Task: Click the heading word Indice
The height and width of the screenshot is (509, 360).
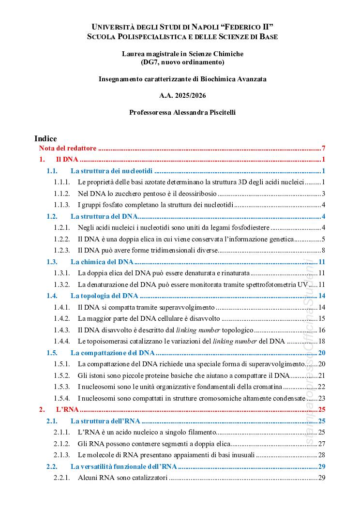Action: [45, 138]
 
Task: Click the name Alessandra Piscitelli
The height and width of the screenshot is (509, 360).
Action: [202, 112]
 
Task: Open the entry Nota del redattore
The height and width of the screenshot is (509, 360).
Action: [68, 149]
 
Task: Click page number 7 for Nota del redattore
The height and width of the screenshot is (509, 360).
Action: [323, 149]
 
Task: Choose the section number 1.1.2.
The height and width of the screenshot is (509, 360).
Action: [62, 194]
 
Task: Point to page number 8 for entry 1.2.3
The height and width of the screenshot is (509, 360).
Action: [323, 250]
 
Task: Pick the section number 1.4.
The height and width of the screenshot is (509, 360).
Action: [52, 296]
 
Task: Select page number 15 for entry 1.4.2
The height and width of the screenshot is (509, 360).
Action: [321, 318]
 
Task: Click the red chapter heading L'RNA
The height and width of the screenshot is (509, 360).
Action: [67, 409]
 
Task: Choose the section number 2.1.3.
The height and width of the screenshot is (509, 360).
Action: [62, 455]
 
